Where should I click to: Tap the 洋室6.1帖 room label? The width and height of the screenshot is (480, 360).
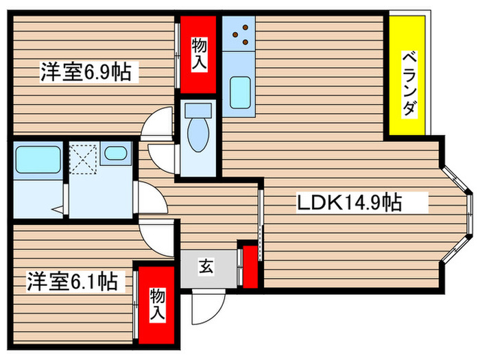click(71, 280)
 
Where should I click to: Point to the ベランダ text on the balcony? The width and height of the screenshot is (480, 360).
click(409, 83)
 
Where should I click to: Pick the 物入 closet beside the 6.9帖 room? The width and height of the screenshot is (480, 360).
click(199, 53)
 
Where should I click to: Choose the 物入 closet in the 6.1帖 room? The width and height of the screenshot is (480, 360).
click(158, 304)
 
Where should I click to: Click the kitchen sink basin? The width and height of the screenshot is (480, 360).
click(239, 92)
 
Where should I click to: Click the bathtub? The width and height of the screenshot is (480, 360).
click(37, 162)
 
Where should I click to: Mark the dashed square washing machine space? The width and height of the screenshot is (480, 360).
click(83, 159)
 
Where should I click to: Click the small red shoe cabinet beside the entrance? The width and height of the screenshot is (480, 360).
click(250, 265)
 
